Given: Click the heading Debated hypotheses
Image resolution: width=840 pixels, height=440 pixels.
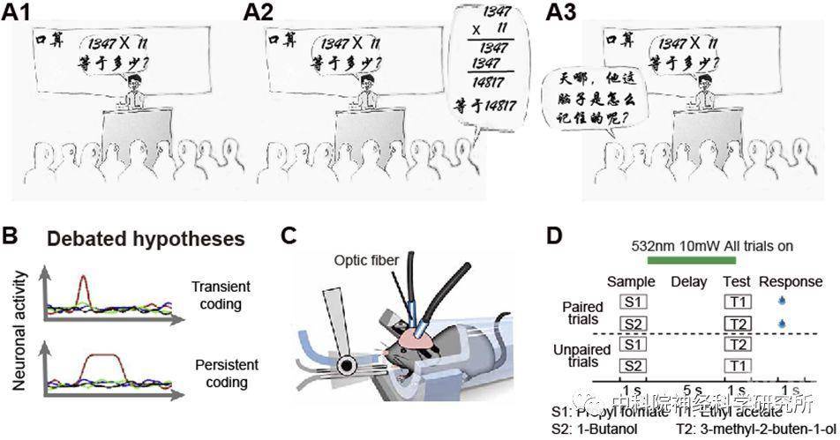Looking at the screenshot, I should (146, 239).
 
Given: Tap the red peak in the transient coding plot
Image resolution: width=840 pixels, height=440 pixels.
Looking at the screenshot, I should (82, 284).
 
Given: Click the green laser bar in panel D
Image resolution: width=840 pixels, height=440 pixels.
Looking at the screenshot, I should (692, 259).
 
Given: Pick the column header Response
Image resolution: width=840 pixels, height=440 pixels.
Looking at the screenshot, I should (791, 281).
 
